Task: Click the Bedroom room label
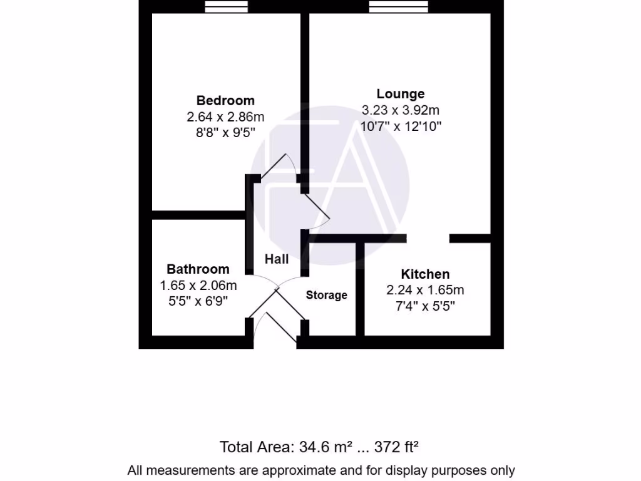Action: (225, 100)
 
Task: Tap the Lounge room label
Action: (401, 94)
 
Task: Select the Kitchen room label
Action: (425, 274)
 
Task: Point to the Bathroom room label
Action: (198, 269)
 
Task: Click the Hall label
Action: (277, 259)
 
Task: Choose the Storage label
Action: (326, 295)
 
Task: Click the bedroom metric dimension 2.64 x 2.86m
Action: (225, 116)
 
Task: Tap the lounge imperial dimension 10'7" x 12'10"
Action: (401, 126)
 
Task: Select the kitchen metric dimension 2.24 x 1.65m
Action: (425, 290)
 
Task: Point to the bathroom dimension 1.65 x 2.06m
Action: (198, 286)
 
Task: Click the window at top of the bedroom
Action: (227, 6)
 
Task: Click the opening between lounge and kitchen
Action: (428, 238)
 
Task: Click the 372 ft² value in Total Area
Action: (396, 447)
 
